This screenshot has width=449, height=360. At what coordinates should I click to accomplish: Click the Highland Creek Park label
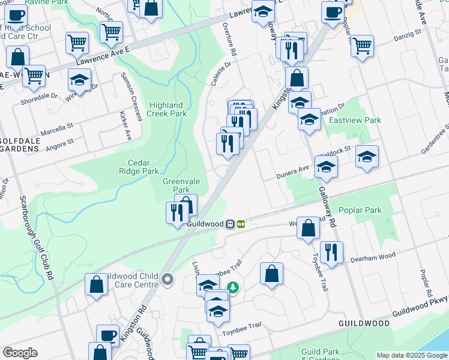pos(167,109)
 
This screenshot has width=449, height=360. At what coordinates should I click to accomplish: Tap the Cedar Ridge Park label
pos(143,167)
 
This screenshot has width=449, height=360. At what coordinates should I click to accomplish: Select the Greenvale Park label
pos(177,185)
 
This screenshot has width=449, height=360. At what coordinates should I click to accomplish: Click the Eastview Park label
pos(355,120)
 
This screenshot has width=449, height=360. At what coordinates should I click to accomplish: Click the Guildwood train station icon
pos(230,224)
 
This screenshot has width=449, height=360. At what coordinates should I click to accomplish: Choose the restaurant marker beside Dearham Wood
pos(331,252)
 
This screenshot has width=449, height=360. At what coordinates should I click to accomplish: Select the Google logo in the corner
pos(20,353)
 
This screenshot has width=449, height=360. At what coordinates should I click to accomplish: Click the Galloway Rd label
pos(325,204)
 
